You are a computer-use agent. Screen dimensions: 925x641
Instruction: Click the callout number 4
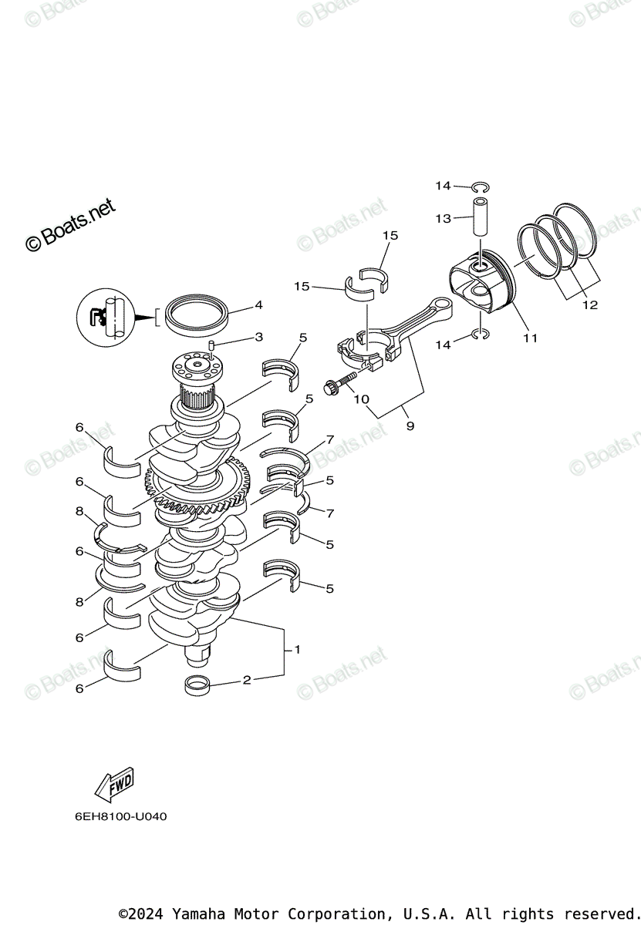258,304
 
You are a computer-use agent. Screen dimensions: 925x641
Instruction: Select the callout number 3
258,337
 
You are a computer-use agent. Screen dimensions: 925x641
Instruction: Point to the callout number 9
410,425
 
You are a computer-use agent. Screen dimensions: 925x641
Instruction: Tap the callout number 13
443,219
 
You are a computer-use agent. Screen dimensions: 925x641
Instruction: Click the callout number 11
530,338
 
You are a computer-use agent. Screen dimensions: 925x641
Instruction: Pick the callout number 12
589,305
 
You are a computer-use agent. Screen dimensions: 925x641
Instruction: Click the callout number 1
297,650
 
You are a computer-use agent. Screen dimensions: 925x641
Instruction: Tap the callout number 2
247,680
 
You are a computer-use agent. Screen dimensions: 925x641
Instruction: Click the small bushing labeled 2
198,684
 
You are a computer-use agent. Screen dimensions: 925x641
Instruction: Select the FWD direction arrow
113,784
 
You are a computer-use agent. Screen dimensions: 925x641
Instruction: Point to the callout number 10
360,399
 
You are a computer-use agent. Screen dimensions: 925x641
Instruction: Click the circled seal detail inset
106,315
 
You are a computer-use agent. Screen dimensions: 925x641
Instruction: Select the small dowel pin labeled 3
209,346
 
